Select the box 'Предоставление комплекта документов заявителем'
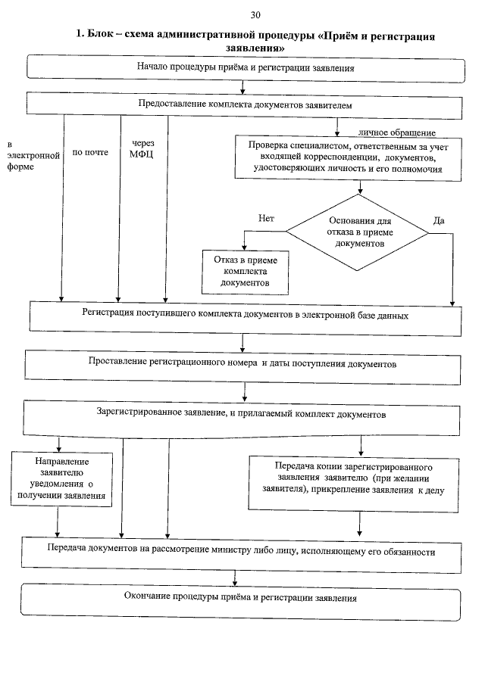(245, 104)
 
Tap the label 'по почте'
(89, 152)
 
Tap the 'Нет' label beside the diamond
(266, 218)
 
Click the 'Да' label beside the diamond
(438, 221)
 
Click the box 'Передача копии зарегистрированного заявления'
(354, 478)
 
